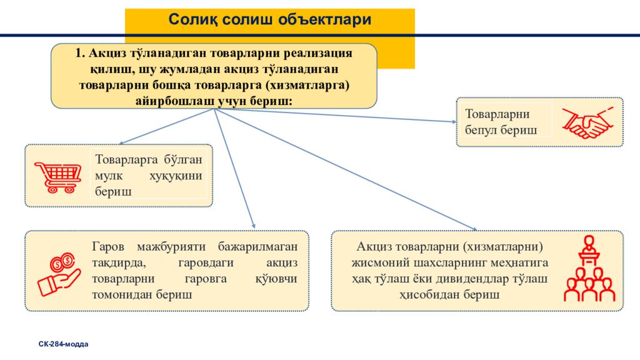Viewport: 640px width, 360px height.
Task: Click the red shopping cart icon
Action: click(x=57, y=177)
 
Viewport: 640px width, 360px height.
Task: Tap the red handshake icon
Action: click(x=585, y=122)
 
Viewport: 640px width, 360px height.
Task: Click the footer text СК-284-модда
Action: click(x=63, y=344)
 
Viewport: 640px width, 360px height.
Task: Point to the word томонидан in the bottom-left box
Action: click(x=120, y=294)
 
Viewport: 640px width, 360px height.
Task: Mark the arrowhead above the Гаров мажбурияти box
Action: click(x=253, y=226)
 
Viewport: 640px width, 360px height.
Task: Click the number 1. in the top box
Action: click(x=79, y=53)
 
